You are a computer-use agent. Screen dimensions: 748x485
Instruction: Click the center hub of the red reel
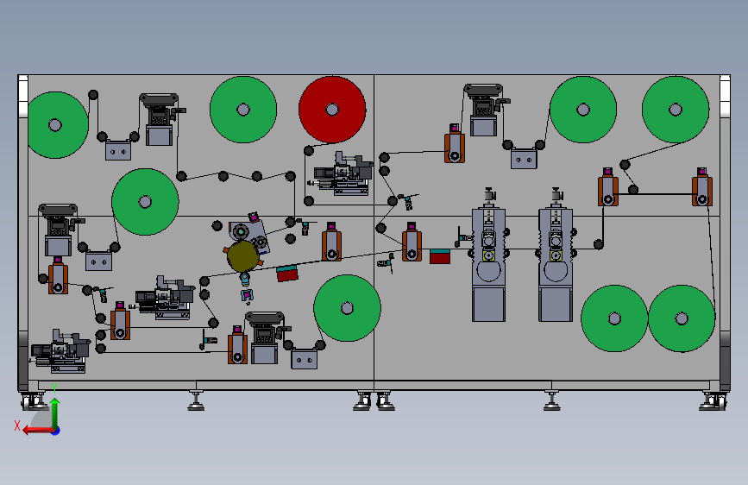pyautogui.click(x=332, y=110)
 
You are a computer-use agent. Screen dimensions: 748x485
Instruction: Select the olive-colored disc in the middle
pyautogui.click(x=242, y=256)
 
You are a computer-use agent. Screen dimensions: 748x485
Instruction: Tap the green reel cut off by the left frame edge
pyautogui.click(x=57, y=125)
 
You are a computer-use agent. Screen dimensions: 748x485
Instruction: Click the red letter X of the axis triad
pyautogui.click(x=17, y=425)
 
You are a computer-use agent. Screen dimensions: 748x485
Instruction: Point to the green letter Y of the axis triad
pyautogui.click(x=54, y=388)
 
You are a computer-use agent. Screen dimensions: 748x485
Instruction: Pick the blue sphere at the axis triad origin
pyautogui.click(x=56, y=431)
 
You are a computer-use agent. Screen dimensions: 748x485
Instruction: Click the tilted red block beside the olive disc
pyautogui.click(x=287, y=274)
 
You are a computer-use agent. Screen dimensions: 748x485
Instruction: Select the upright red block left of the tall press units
pyautogui.click(x=440, y=256)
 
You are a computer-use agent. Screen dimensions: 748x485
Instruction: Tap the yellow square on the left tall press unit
pyautogui.click(x=488, y=255)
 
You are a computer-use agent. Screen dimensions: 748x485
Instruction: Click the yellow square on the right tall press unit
pyautogui.click(x=556, y=255)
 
